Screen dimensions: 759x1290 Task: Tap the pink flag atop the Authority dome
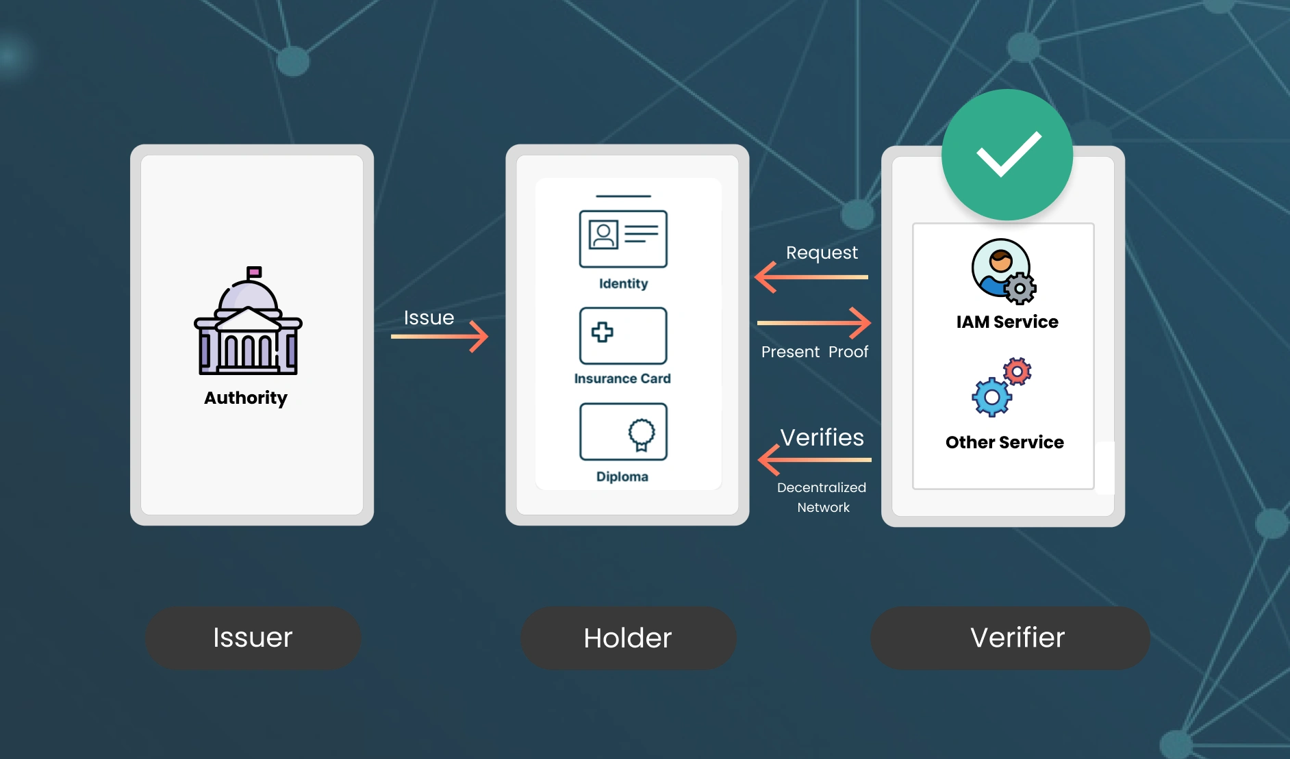(254, 272)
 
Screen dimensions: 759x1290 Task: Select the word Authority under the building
(246, 398)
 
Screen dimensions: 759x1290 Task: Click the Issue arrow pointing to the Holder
(440, 336)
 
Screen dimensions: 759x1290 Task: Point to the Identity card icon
(623, 237)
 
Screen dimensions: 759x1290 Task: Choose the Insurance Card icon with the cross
(623, 335)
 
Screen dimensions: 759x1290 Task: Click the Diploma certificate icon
(623, 431)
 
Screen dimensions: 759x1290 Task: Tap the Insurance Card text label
(622, 378)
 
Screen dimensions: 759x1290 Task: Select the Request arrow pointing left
(811, 277)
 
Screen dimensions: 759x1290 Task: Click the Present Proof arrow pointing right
(814, 322)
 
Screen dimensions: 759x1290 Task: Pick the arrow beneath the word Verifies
(815, 459)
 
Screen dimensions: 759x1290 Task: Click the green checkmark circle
(1007, 155)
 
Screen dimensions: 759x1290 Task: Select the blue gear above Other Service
(991, 397)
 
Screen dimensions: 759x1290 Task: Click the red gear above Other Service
(1017, 372)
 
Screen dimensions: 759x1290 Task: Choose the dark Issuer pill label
(253, 638)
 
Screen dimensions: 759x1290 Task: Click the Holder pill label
(628, 638)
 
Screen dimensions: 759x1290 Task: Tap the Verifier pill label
(1010, 638)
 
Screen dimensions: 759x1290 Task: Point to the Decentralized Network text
(822, 498)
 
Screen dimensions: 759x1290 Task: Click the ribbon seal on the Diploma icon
(642, 434)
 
